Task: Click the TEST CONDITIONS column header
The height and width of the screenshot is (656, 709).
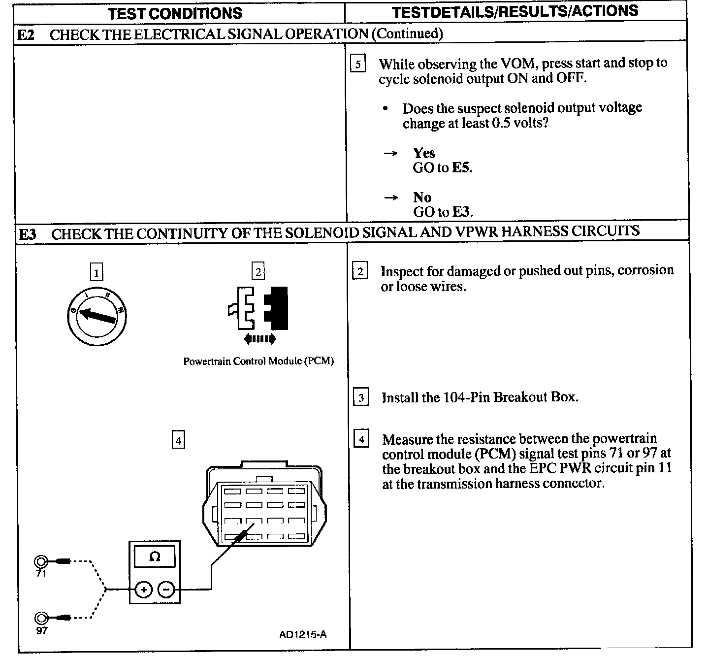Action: click(175, 13)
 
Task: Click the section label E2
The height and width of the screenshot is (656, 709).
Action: click(26, 34)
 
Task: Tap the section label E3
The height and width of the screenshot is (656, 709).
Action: click(27, 234)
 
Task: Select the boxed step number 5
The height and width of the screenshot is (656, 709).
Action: click(358, 65)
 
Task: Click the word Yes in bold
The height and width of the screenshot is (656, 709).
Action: click(424, 153)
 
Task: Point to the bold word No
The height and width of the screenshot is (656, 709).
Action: click(422, 197)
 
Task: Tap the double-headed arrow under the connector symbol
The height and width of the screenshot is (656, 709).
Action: click(260, 338)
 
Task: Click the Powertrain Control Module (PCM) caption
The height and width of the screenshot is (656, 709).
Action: click(258, 361)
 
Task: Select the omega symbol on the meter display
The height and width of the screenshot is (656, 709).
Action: click(155, 557)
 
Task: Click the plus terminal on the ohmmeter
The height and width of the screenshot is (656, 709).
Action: click(143, 589)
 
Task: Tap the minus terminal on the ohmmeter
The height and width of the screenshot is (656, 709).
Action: click(166, 589)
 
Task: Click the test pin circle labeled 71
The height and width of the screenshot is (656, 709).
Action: click(41, 561)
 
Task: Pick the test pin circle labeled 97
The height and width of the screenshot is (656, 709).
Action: click(41, 618)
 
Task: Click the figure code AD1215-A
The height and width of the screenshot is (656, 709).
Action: click(303, 634)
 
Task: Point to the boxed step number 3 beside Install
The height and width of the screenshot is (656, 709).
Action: click(361, 397)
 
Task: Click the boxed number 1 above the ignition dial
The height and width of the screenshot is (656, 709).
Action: click(97, 272)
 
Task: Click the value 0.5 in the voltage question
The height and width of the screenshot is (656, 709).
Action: click(501, 123)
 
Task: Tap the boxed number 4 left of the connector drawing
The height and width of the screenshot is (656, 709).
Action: click(178, 439)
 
